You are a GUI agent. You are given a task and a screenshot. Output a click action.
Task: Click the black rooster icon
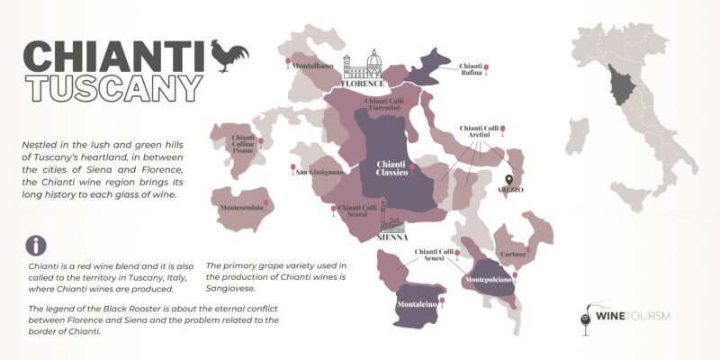(229, 56)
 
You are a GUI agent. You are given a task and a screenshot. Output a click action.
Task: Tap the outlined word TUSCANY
(112, 87)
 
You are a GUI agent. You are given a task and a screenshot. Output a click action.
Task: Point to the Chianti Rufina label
(471, 70)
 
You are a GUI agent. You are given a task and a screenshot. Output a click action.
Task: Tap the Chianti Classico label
(392, 167)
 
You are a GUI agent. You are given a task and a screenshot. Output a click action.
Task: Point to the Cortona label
(513, 255)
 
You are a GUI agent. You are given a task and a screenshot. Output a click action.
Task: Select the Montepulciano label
(490, 282)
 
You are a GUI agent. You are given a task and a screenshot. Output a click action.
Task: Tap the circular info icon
(35, 246)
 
